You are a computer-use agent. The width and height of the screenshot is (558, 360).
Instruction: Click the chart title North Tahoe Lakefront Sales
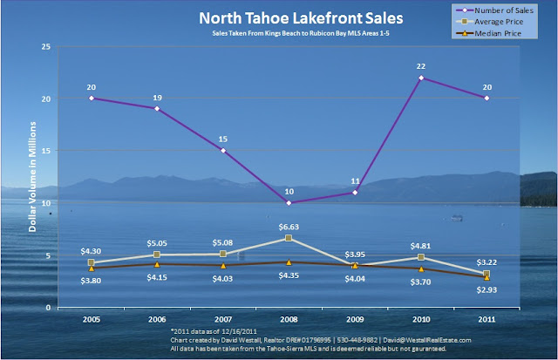pyautogui.click(x=278, y=17)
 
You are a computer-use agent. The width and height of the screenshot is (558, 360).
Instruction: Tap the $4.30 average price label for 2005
pyautogui.click(x=94, y=251)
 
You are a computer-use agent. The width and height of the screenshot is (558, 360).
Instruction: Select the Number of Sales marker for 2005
pyautogui.click(x=92, y=98)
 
